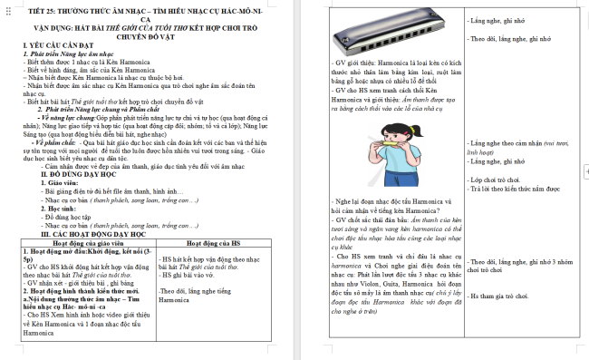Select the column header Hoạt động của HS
point(210,243)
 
